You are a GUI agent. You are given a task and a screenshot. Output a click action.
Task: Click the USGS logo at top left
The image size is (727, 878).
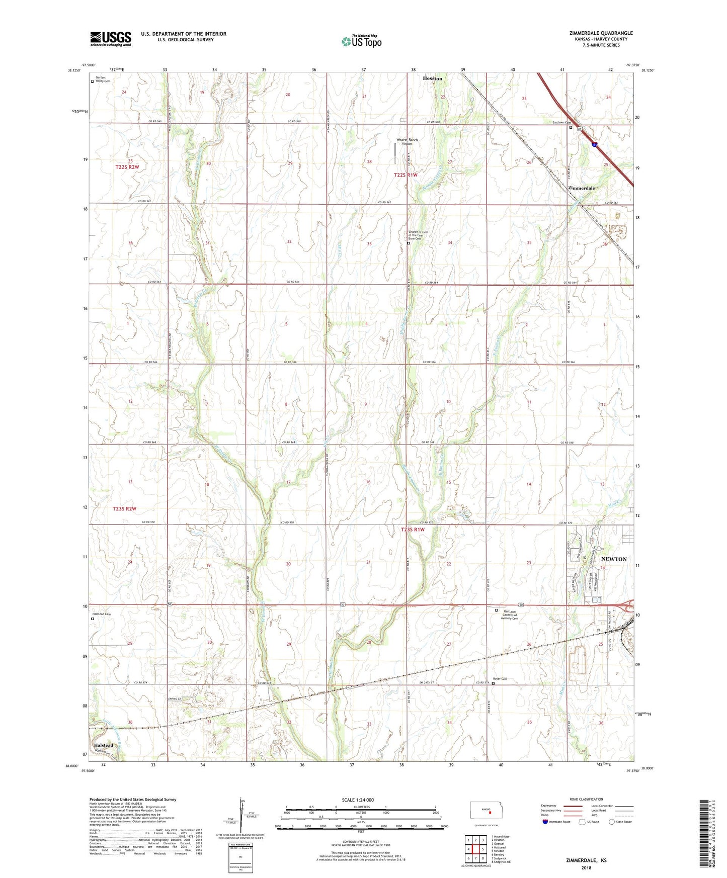(111, 39)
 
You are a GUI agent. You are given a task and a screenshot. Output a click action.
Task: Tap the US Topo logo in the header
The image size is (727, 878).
(361, 41)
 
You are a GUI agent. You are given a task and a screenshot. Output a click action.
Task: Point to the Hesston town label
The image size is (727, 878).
(432, 78)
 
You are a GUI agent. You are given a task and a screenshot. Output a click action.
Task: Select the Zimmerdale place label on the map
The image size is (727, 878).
(581, 188)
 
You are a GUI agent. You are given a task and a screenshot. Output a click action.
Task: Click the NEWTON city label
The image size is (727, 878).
(614, 559)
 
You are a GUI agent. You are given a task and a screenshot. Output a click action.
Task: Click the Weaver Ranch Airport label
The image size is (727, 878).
(407, 141)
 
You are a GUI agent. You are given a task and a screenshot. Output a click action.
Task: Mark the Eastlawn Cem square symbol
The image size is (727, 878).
(571, 127)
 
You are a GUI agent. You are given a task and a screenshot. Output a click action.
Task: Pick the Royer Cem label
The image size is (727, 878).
(500, 679)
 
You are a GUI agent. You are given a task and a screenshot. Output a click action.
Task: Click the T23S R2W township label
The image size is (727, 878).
(125, 509)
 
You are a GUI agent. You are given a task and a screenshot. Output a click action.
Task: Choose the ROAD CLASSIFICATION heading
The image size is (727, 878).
(586, 799)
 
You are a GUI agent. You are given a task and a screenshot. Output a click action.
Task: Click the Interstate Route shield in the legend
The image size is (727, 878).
(545, 822)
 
